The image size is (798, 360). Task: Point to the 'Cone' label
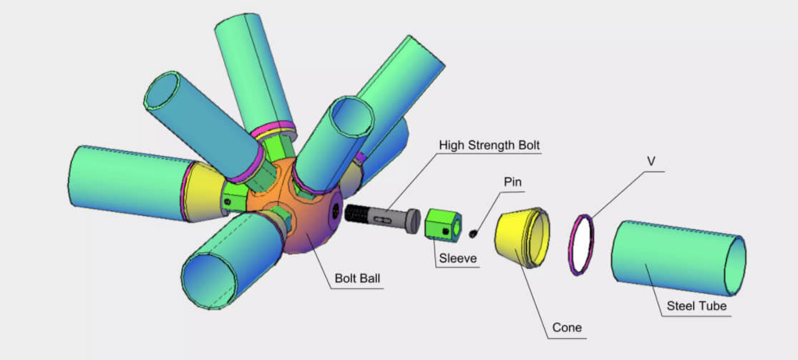point(567,328)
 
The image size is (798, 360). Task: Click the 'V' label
point(651,162)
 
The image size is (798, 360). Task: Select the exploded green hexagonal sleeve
point(442,223)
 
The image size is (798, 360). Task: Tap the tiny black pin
point(473,232)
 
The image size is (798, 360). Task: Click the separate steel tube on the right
point(676,258)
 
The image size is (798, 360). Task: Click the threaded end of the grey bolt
point(358,213)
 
